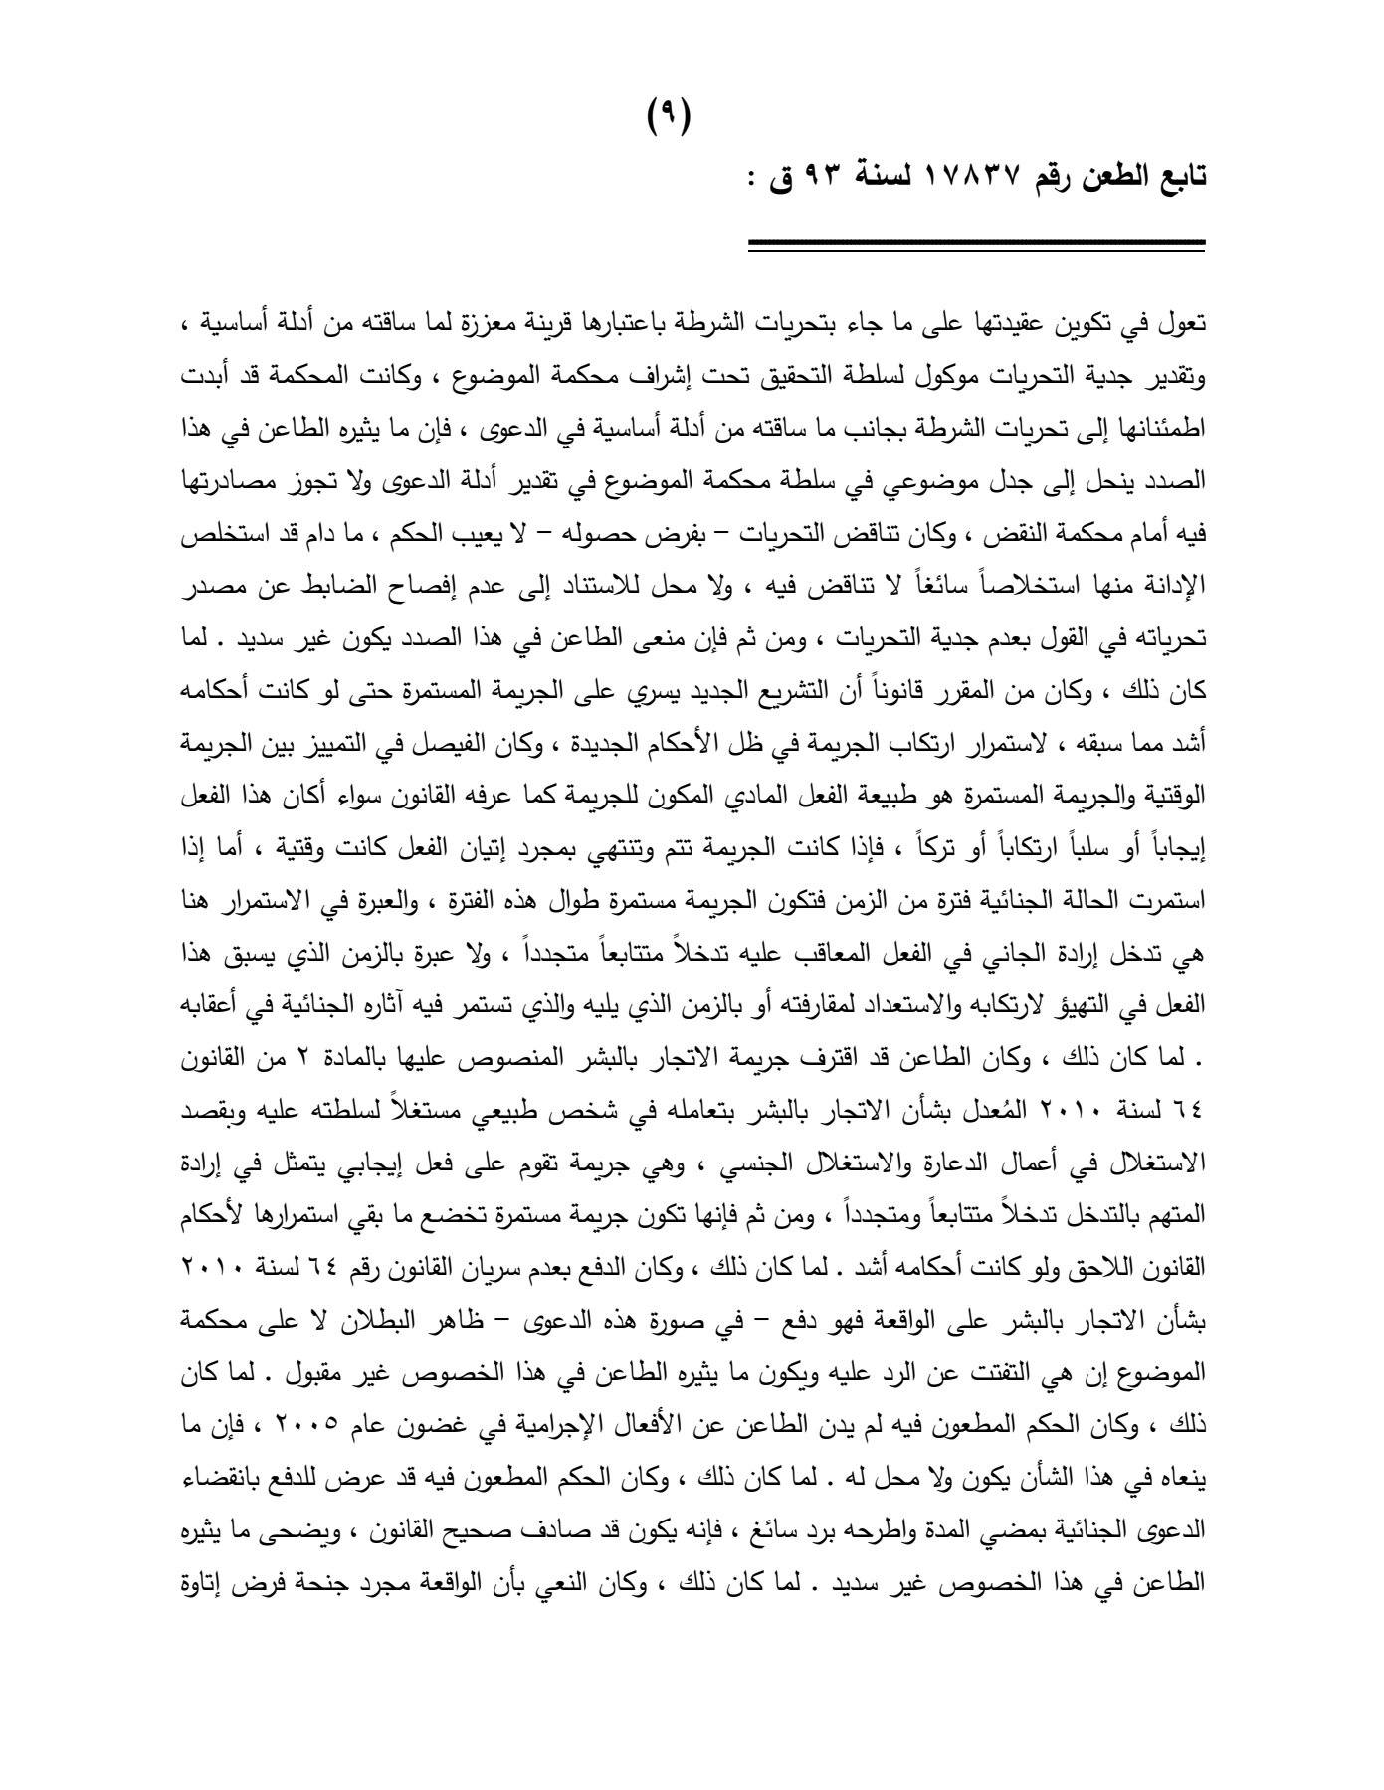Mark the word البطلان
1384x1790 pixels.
[403, 1319]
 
